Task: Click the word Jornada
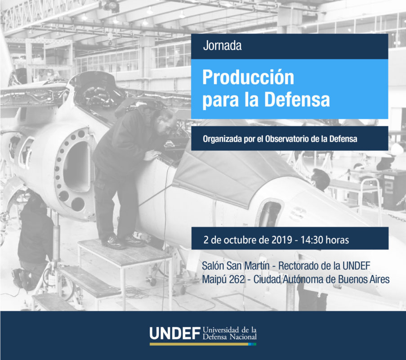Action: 222,45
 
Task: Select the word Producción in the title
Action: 248,77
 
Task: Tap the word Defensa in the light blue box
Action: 297,99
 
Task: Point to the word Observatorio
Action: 287,139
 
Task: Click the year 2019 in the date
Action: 282,240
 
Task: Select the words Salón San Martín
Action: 236,265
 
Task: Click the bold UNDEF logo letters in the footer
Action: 175,333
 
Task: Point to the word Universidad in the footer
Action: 221,330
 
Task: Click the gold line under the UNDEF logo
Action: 199,344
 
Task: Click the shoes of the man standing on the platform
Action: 124,242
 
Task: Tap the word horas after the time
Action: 337,240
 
